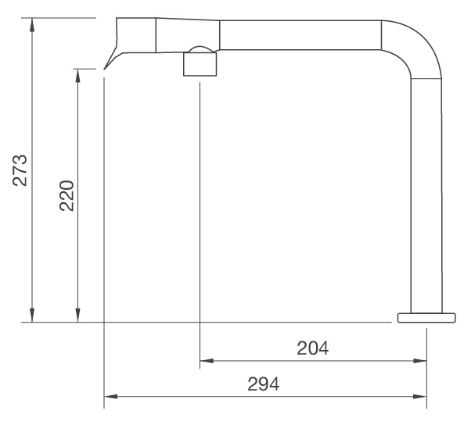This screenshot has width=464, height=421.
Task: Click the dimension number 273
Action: point(21,169)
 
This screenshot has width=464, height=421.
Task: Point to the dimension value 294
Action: point(264,384)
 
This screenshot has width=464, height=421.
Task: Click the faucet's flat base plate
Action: point(426,317)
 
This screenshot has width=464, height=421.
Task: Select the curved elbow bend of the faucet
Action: point(412,47)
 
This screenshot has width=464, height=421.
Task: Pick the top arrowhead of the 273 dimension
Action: point(31,24)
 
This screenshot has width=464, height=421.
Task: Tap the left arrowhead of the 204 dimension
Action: point(207,362)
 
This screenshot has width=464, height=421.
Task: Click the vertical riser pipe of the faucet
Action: point(426,195)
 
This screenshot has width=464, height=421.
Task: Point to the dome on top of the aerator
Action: point(199,50)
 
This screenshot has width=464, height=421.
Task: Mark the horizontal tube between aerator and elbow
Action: point(297,35)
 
